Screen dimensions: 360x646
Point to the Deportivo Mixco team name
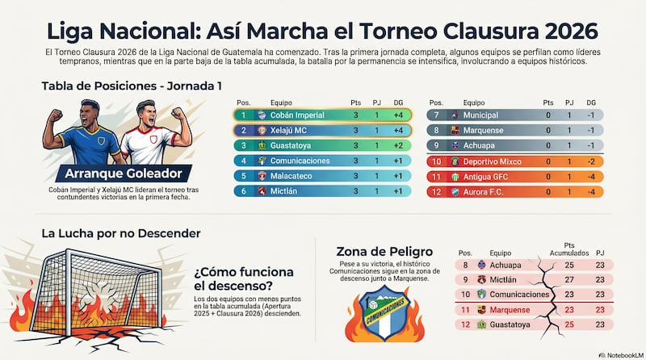492,161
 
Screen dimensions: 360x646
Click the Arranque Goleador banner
117,174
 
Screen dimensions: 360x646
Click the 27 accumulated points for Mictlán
571,279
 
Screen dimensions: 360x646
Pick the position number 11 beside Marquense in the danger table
464,309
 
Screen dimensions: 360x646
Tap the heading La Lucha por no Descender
121,233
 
